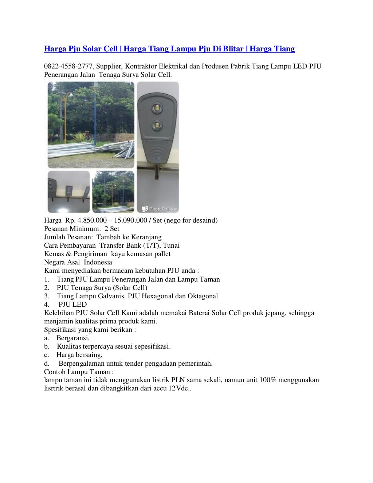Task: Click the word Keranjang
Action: pyautogui.click(x=145, y=237)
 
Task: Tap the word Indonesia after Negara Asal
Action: pyautogui.click(x=98, y=262)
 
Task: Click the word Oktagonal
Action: pyautogui.click(x=203, y=296)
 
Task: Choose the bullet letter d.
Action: pyautogui.click(x=46, y=363)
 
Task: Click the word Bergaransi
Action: pyautogui.click(x=73, y=338)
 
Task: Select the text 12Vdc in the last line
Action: pyautogui.click(x=178, y=388)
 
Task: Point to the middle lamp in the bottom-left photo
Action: pyautogui.click(x=69, y=190)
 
